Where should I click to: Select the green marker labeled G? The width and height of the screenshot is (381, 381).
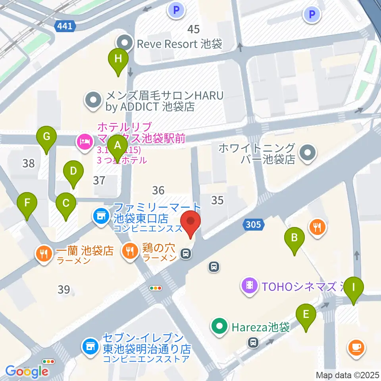tap(46, 138)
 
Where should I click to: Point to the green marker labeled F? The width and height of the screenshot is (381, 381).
tap(27, 204)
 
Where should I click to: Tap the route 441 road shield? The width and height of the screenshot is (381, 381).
tap(64, 26)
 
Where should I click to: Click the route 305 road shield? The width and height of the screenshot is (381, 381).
tap(253, 225)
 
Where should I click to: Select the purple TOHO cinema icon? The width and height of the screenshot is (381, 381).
tap(250, 285)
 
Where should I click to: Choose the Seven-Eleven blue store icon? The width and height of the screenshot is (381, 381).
tap(90, 346)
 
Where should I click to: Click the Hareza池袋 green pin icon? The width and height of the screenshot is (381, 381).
tap(219, 327)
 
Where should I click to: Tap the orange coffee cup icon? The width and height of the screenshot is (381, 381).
tap(356, 348)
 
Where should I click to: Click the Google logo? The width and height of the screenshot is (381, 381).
tap(27, 371)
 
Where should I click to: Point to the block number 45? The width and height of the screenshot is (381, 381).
tap(193, 29)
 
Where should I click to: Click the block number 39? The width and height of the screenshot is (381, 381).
tap(64, 290)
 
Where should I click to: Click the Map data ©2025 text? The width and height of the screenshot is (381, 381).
tap(346, 375)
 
